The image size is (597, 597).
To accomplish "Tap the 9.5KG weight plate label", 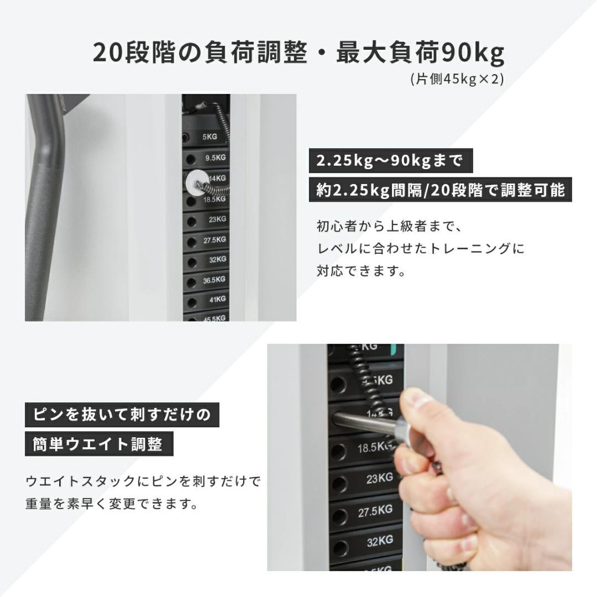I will [x=215, y=158].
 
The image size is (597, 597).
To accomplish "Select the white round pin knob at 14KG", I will [x=195, y=180].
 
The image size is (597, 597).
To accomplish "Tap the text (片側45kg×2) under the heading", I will [x=457, y=79].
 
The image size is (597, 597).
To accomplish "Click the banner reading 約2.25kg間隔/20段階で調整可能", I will [x=441, y=191].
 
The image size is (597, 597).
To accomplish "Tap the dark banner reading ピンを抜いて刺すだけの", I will [x=122, y=415].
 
